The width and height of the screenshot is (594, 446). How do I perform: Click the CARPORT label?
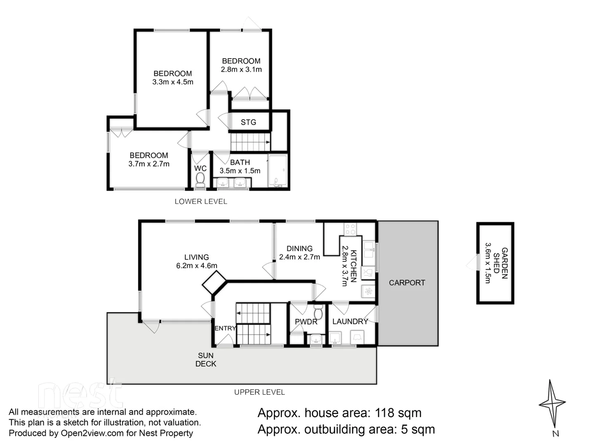tap(407, 283)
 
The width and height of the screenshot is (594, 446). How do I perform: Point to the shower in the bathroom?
tap(277, 171)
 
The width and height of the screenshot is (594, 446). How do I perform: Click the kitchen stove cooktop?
tap(350, 229)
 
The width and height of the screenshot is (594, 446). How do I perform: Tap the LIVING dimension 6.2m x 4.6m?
tap(196, 266)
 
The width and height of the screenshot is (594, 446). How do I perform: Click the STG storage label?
tap(248, 122)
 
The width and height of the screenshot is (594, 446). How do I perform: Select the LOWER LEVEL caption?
tap(201, 202)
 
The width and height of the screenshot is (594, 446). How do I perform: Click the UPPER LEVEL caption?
tap(259, 392)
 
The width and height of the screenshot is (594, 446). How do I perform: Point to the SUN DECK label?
tap(206, 360)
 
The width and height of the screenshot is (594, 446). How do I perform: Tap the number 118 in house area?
tap(385, 413)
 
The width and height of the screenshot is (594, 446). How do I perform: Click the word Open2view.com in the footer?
tap(92, 433)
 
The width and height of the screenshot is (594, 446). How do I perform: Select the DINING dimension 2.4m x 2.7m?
tap(299, 257)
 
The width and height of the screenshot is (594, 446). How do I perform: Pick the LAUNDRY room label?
tap(350, 321)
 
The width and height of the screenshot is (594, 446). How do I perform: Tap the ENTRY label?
tap(225, 328)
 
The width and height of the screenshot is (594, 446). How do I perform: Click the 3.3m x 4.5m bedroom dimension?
tap(173, 82)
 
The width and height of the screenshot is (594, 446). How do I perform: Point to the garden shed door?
tap(471, 263)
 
